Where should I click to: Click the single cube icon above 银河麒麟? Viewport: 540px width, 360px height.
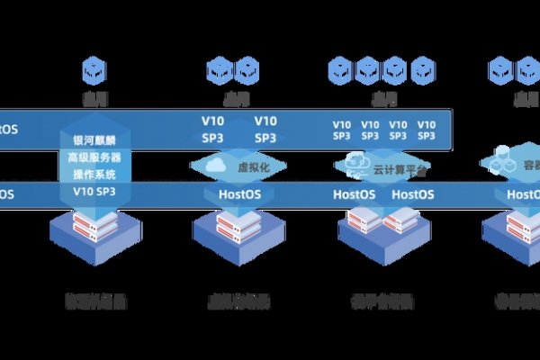[x=94, y=67]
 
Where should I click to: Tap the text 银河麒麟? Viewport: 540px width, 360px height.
[x=94, y=140]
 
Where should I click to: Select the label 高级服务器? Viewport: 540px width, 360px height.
[x=94, y=157]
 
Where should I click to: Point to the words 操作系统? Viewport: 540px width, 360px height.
[x=94, y=175]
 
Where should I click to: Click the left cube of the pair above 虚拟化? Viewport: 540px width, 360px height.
[x=220, y=67]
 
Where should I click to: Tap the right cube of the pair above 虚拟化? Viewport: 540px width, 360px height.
[x=247, y=67]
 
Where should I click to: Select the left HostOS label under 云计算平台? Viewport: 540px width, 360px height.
[x=354, y=193]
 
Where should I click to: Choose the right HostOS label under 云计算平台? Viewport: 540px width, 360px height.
[x=413, y=193]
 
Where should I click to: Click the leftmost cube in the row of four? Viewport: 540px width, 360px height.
[x=340, y=67]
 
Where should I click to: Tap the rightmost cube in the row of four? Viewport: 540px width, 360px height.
[x=421, y=67]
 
